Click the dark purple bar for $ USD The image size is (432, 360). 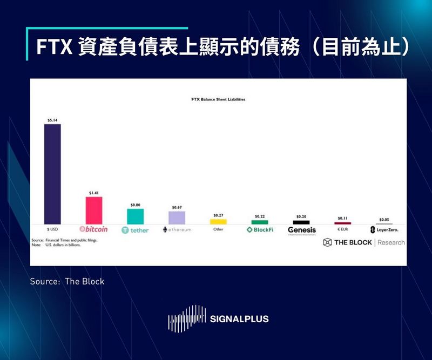pos(52,174)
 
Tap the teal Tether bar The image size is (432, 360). pos(135,216)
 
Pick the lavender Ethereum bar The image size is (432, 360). pos(177,218)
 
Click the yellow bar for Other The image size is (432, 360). pos(218,221)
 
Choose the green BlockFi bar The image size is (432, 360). pos(260,222)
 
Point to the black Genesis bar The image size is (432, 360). pos(301,222)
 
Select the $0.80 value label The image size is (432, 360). pos(135,205)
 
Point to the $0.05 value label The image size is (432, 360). pos(384,220)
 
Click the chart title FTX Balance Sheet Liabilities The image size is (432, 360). pos(218,100)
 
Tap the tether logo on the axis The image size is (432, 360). pos(135,230)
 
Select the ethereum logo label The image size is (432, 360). pos(177,230)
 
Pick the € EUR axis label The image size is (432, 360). pos(342,229)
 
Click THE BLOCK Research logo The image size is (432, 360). pos(363,242)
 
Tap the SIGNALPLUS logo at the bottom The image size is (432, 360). pos(218,319)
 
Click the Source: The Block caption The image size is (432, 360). pos(67,281)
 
